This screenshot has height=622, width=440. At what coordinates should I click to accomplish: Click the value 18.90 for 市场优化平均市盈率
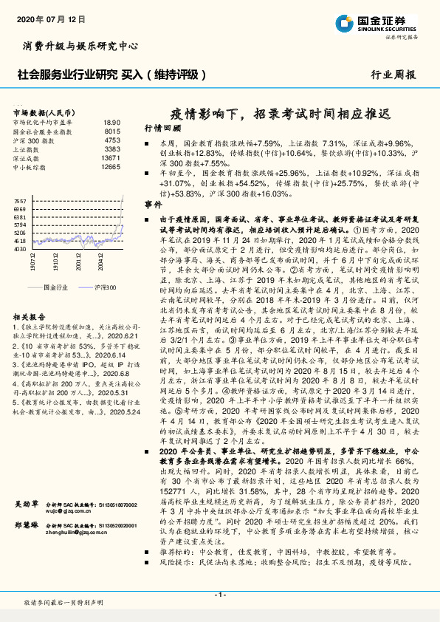(111, 122)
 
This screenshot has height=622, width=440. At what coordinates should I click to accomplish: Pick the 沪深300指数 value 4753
(112, 140)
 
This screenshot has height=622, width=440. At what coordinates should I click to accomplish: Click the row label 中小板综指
(29, 167)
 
